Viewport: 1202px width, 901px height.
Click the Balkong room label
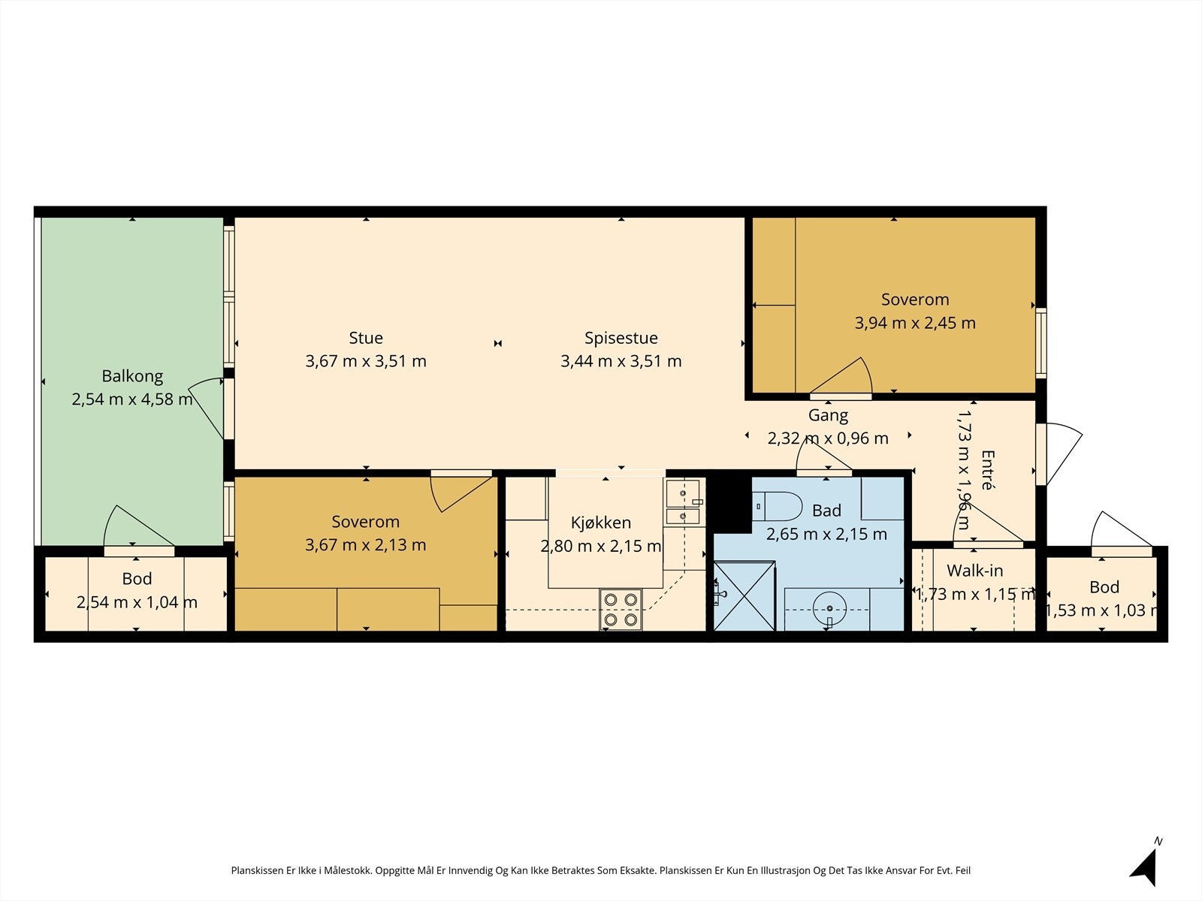pos(132,376)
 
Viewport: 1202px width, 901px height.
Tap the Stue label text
pos(366,338)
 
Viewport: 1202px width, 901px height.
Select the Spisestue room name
pos(621,338)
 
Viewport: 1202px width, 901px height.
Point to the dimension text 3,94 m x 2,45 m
pos(915,323)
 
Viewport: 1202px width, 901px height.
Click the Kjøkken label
pos(601,523)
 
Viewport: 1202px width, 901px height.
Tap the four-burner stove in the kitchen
pos(621,610)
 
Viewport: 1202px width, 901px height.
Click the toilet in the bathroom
pos(777,506)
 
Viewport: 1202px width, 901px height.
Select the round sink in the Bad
pos(829,608)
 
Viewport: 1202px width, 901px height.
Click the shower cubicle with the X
pos(744,595)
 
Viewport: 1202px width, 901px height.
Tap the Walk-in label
pos(974,571)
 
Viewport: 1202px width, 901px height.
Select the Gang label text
pos(828,416)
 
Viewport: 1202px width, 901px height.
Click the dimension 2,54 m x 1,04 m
pos(137,602)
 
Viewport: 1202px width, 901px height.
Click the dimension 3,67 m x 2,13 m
pos(365,545)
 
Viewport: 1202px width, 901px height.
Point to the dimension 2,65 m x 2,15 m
pos(826,534)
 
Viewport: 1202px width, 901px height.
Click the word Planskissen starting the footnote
pos(257,870)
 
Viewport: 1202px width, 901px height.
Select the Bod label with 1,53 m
pos(1104,587)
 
